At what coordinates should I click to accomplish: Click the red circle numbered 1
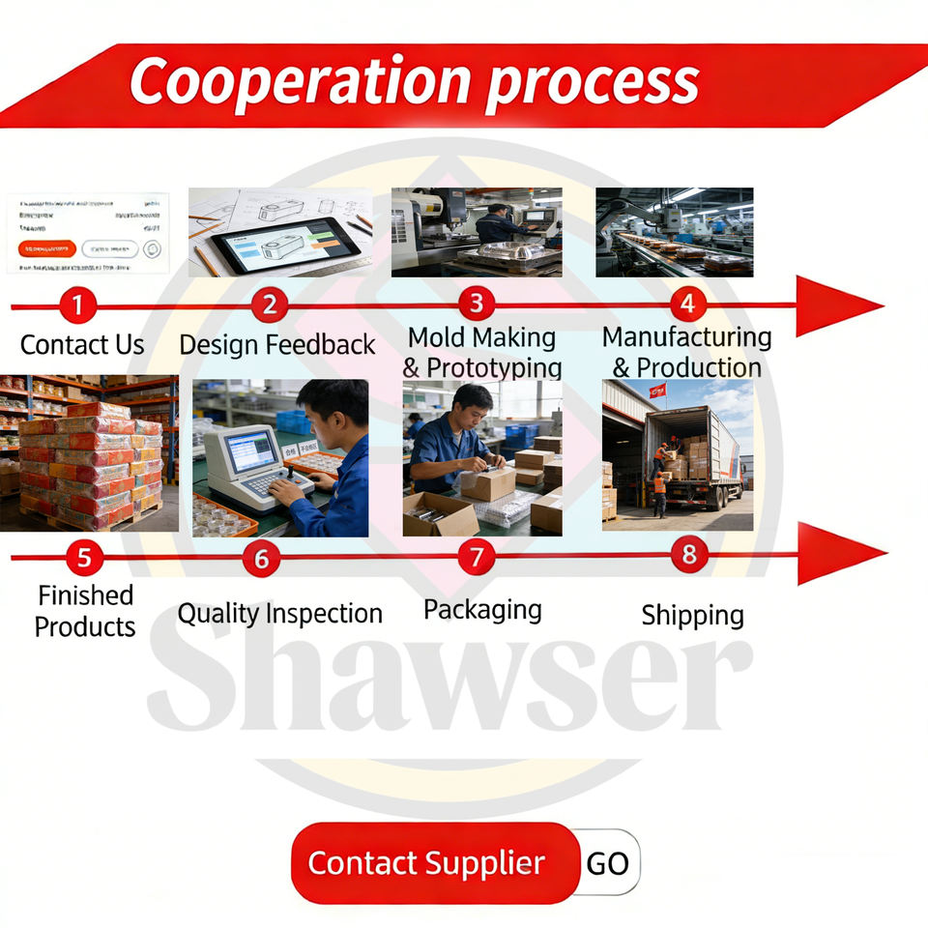pos(77,306)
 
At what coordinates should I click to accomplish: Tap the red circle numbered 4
pos(687,304)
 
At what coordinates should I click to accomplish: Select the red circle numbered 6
pos(261,558)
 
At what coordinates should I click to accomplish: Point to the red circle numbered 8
pos(688,555)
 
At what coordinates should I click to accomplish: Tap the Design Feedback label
pos(276,344)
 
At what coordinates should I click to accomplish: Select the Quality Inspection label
pos(279,613)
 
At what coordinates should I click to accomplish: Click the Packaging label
pos(482,609)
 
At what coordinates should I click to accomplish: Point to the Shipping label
pos(692,615)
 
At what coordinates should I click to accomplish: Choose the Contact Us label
pos(82,344)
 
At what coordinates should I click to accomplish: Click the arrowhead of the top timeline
pos(836,306)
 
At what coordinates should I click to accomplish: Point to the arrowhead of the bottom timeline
pos(838,554)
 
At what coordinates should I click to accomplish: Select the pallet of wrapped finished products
pos(91,464)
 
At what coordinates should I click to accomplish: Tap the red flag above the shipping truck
pos(657,391)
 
